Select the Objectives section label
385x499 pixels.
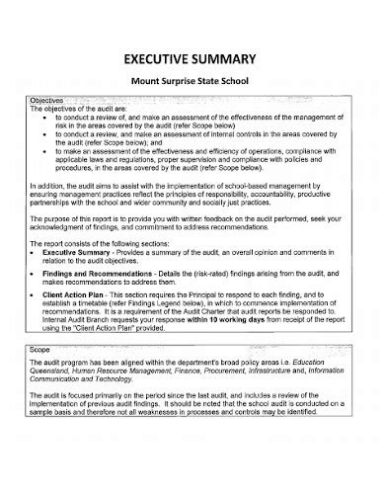click(46, 101)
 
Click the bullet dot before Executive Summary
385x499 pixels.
click(35, 282)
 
